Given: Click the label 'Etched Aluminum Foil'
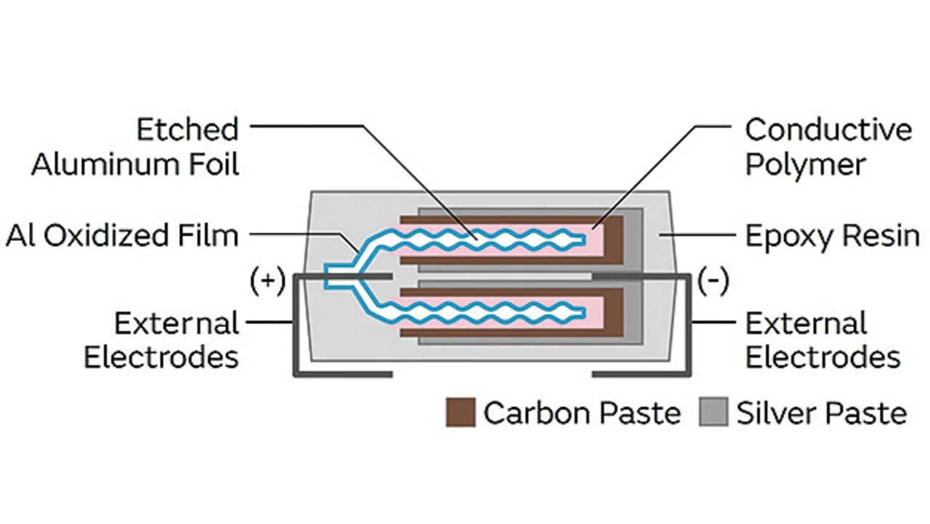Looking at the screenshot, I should point(135,148).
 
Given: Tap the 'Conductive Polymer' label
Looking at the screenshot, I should point(828,148).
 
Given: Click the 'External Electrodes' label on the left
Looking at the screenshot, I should point(161,340).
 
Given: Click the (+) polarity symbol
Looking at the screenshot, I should point(267,281).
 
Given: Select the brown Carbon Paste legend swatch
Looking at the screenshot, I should point(461,413).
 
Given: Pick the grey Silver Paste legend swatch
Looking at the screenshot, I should point(713,413).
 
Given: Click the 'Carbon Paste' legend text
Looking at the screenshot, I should point(582,413).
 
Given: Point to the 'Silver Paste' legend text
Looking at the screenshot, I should point(822,413).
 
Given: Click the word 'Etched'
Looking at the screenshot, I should point(188,130).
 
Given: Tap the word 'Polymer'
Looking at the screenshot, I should point(805,165).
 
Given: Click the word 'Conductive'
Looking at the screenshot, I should point(828,130).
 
